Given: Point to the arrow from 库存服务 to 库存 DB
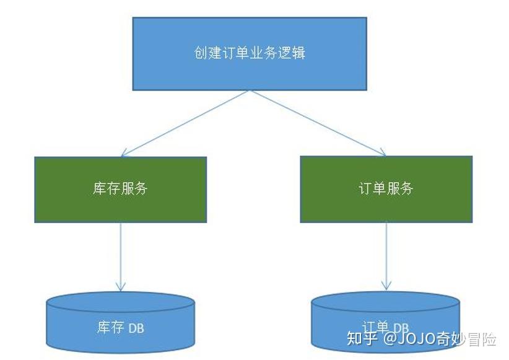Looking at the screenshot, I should (121, 254).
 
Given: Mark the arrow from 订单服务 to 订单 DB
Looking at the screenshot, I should (386, 254).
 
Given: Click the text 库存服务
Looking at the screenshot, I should (121, 189).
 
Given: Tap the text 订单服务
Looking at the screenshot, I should (386, 189).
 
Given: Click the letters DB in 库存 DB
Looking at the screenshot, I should (136, 328).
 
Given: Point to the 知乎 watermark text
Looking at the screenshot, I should (362, 340).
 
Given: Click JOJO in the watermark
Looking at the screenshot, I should (421, 340).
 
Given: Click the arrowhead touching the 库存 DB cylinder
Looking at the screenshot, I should (121, 286).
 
